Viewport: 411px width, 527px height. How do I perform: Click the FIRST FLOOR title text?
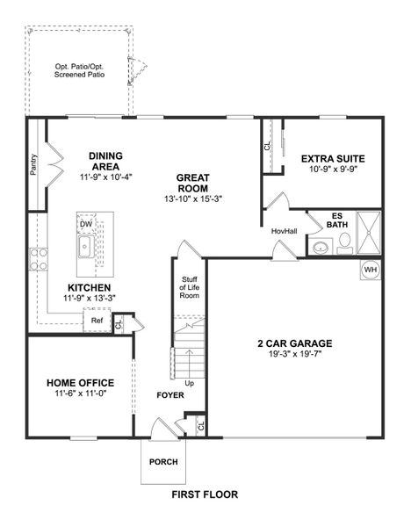[x=205, y=495]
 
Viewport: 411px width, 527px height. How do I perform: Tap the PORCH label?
[x=162, y=461]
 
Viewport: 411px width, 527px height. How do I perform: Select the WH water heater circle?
[x=370, y=270]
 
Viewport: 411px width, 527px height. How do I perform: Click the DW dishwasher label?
[x=86, y=224]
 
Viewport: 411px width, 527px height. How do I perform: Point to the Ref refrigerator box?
[x=97, y=321]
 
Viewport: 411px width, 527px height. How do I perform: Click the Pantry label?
[x=33, y=164]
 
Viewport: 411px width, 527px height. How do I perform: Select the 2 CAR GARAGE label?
[x=296, y=343]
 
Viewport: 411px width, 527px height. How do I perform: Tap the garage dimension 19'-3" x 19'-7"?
[x=296, y=356]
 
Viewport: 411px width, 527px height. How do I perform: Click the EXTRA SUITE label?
[x=333, y=159]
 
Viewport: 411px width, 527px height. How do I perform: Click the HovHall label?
[x=284, y=231]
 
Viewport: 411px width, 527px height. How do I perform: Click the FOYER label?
[x=170, y=395]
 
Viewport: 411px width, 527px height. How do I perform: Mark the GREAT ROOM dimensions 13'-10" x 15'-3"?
[x=192, y=199]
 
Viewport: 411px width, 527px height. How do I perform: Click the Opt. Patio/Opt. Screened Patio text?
[x=78, y=69]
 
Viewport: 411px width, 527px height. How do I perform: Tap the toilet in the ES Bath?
[x=343, y=242]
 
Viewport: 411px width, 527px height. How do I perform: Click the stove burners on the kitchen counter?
[x=40, y=259]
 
